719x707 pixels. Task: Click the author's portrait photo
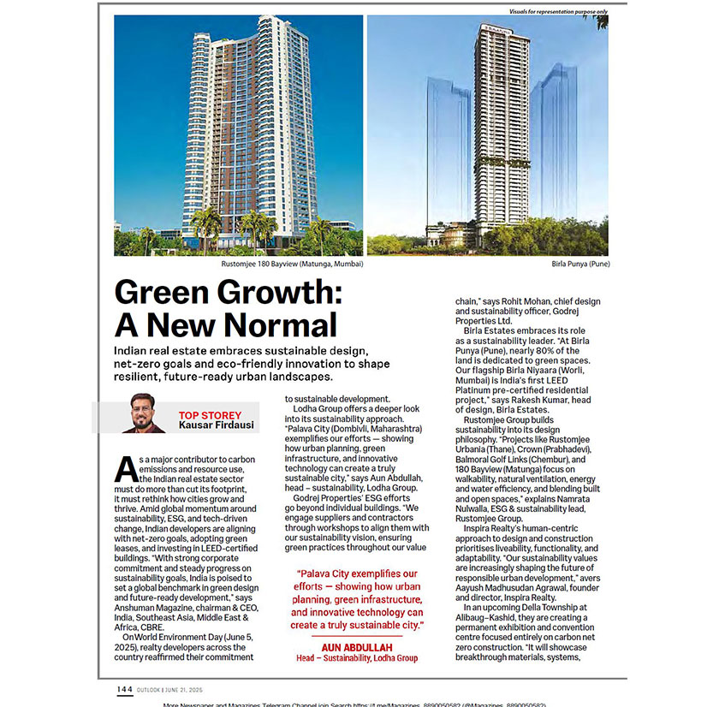[144, 414]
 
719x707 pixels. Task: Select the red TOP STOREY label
[210, 415]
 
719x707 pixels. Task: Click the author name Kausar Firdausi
[217, 425]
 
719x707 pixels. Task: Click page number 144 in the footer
[125, 689]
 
